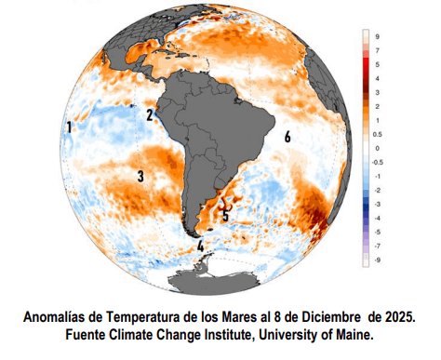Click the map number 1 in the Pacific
[x=70, y=127]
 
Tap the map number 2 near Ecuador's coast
[x=150, y=115]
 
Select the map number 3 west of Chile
[x=140, y=175]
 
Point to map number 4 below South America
[x=201, y=246]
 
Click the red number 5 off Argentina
[x=225, y=213]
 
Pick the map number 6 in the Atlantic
[x=287, y=137]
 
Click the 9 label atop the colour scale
[x=377, y=36]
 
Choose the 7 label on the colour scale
[x=377, y=49]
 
